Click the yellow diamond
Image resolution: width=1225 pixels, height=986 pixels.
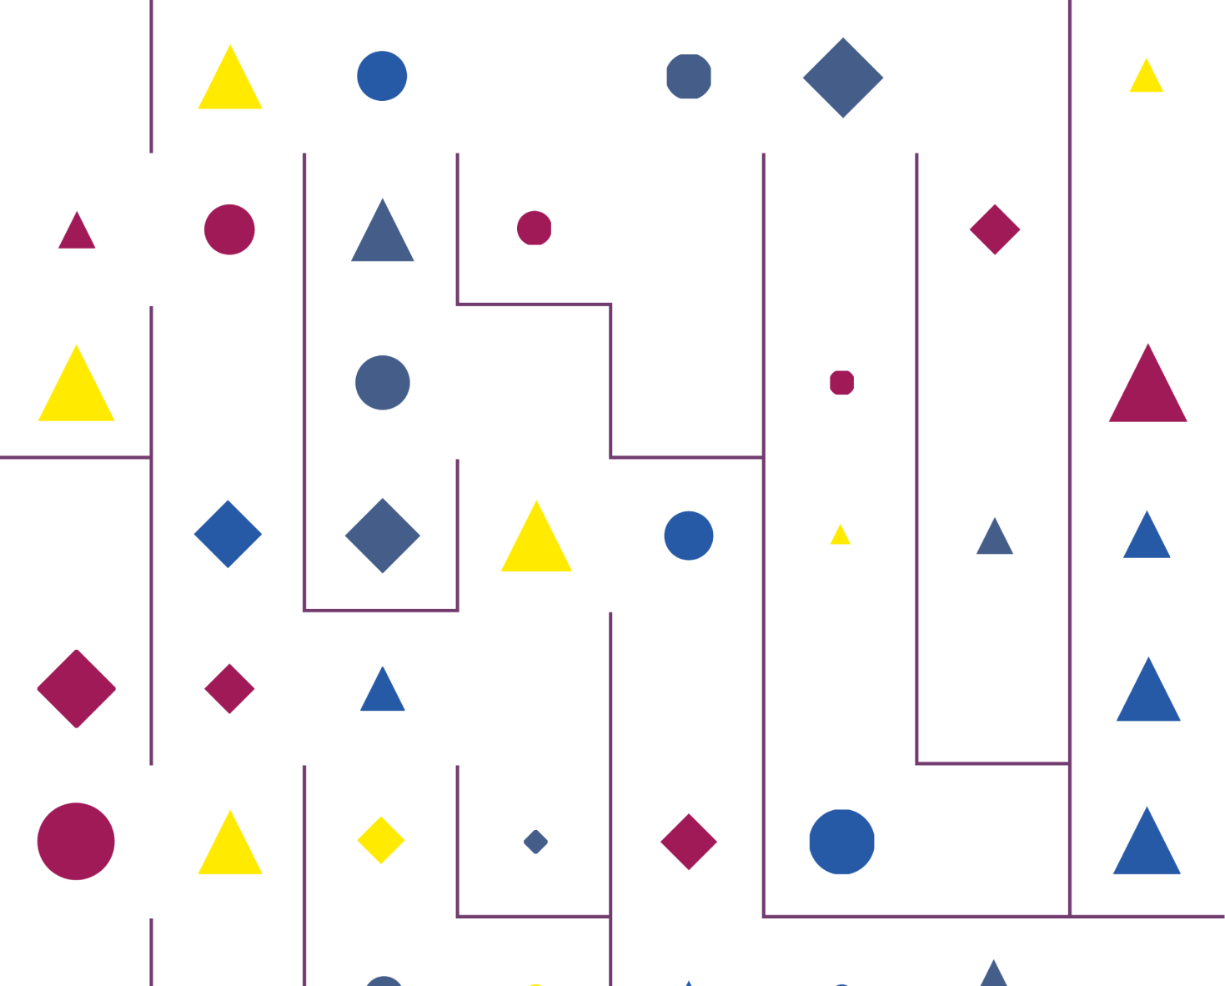(x=381, y=840)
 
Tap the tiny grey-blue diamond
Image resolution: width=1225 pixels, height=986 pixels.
(x=535, y=842)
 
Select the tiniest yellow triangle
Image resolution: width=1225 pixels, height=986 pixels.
(x=841, y=536)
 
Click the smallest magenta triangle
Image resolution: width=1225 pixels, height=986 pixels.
(x=77, y=232)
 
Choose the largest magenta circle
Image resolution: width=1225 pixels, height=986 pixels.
(x=76, y=842)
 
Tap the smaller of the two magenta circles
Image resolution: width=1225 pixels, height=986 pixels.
(x=229, y=229)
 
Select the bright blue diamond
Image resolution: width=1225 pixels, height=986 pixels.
(x=228, y=535)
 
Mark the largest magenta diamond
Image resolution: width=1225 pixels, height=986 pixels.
(x=76, y=689)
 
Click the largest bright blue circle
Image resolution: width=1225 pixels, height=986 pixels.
(x=841, y=842)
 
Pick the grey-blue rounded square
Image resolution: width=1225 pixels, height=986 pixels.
(x=689, y=77)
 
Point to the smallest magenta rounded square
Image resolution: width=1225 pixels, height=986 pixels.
(x=842, y=383)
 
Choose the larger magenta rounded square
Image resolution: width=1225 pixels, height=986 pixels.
(x=535, y=228)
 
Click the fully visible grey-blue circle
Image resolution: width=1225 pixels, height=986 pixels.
(x=383, y=383)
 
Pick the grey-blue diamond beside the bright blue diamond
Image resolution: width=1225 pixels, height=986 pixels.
(x=383, y=536)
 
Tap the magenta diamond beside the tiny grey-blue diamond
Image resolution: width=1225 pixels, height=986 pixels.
(x=689, y=842)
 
